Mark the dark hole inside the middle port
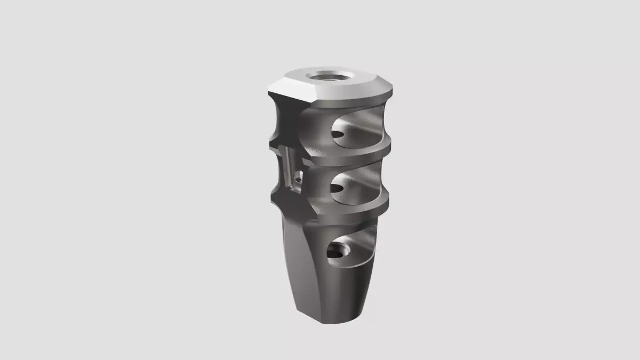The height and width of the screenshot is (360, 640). pyautogui.click(x=338, y=189)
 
